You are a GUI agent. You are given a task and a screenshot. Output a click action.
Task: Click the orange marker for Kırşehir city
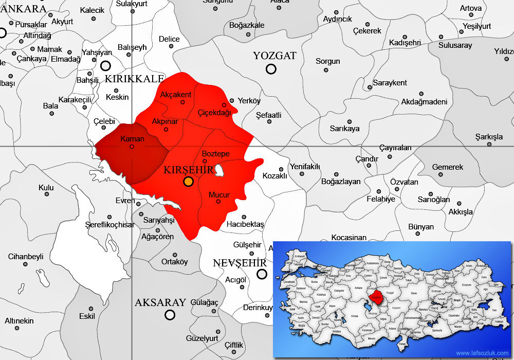click(x=188, y=181)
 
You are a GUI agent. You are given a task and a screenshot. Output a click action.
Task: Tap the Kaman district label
click(x=132, y=139)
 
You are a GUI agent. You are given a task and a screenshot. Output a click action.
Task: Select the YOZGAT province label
click(x=274, y=56)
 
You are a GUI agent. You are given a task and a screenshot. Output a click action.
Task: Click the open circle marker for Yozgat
click(x=271, y=69)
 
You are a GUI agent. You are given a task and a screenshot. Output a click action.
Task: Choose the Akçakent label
click(x=176, y=95)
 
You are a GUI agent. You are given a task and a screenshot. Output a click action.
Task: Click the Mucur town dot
click(x=218, y=201)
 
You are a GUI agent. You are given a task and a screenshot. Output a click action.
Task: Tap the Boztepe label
click(x=215, y=154)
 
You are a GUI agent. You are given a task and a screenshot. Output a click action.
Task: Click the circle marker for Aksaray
click(x=170, y=315)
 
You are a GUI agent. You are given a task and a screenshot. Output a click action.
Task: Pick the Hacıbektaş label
click(x=245, y=225)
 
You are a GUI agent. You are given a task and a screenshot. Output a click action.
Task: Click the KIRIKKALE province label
click(x=134, y=79)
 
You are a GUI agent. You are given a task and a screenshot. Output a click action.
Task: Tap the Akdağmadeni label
click(x=424, y=102)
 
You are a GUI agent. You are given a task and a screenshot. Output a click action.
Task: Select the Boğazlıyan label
click(x=341, y=182)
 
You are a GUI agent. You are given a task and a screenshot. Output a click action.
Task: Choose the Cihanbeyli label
click(x=26, y=257)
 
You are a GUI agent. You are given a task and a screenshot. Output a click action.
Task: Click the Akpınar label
click(x=165, y=122)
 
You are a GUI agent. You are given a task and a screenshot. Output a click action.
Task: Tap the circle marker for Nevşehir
click(x=262, y=274)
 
